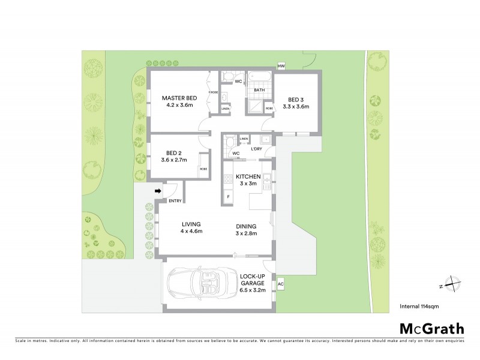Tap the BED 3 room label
[x=298, y=100]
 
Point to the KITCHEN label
[x=248, y=176]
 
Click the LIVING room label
[x=191, y=224]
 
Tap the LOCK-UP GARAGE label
[x=253, y=278]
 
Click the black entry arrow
[x=158, y=191]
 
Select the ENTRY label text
[x=175, y=200]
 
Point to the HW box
[x=281, y=67]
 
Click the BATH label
[x=259, y=91]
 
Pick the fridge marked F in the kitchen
[x=228, y=196]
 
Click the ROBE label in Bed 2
[x=203, y=170]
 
